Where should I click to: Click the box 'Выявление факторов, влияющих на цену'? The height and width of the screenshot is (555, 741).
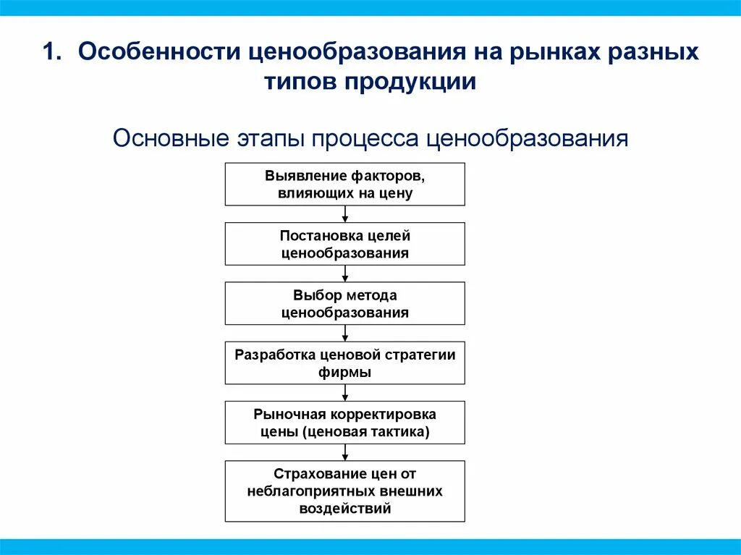pos(344,185)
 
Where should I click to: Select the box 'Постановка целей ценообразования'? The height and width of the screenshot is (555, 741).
pos(344,244)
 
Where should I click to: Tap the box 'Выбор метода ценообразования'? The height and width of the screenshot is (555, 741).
pos(344,303)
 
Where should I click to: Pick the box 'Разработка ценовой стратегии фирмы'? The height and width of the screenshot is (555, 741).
pos(344,363)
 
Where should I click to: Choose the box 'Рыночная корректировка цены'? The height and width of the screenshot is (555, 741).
pos(344,423)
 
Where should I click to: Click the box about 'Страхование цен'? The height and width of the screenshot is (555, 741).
pos(344,491)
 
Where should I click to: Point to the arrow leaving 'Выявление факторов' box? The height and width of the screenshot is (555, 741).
pos(345,214)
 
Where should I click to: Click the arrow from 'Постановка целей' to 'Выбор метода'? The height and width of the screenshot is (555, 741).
pos(345,274)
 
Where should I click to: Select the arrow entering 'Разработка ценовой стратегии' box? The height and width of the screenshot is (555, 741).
pos(345,333)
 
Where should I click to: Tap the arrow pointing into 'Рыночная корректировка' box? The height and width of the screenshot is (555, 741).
pos(345,392)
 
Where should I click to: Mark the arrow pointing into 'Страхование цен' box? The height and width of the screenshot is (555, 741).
pos(345,452)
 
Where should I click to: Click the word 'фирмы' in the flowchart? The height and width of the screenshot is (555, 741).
pos(344,372)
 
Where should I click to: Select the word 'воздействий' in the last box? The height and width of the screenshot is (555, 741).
pos(344,508)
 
